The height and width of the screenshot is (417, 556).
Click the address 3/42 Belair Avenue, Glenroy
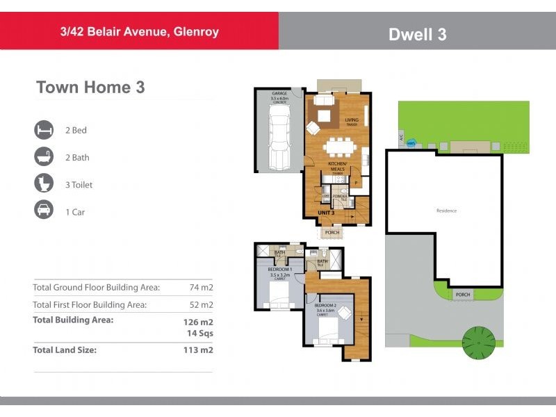tap(139, 32)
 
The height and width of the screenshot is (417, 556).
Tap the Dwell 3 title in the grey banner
tap(417, 34)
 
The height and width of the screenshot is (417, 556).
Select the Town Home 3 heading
tap(90, 88)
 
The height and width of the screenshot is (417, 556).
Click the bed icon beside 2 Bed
tap(44, 130)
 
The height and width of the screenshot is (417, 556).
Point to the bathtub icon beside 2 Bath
tap(44, 157)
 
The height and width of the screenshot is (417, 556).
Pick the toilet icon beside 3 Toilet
tap(44, 184)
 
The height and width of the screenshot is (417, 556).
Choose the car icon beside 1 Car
tap(44, 211)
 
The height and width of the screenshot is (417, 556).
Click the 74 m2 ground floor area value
tap(201, 287)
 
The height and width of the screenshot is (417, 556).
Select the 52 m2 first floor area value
tap(201, 304)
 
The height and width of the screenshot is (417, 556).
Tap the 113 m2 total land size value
tap(199, 350)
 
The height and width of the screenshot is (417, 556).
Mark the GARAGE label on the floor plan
tap(279, 94)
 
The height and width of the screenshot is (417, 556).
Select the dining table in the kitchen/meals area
tap(340, 147)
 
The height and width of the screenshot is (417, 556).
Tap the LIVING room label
tap(352, 120)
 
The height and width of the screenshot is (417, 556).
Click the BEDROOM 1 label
tap(281, 268)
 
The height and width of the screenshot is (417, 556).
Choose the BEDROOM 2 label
tap(325, 306)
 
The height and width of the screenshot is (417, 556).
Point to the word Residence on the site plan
tap(446, 211)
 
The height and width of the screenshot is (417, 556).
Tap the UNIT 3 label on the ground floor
tap(327, 213)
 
